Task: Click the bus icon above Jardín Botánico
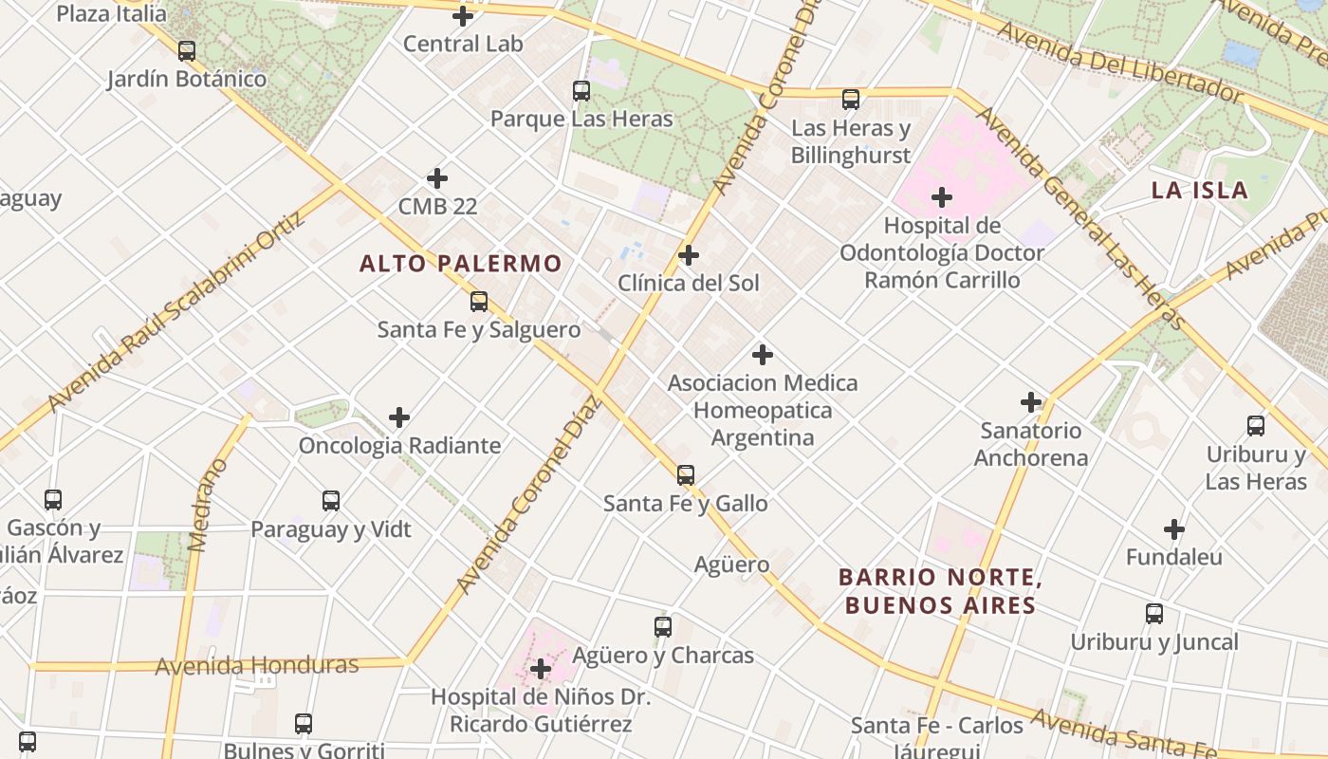(x=187, y=51)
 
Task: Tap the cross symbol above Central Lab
(x=463, y=16)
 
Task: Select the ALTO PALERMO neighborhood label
(x=461, y=264)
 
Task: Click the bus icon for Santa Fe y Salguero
(x=479, y=302)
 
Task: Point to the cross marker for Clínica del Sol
(x=689, y=255)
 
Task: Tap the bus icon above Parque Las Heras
(x=581, y=91)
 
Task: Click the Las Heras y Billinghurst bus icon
(x=851, y=100)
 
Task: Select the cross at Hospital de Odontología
(x=942, y=197)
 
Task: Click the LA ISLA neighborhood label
(x=1199, y=190)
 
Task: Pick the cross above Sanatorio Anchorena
(x=1031, y=402)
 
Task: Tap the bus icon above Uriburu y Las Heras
(x=1256, y=426)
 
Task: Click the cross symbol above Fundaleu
(x=1174, y=529)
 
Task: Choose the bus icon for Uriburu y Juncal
(x=1154, y=614)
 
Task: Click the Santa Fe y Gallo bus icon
(x=686, y=474)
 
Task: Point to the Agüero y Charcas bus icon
(x=663, y=627)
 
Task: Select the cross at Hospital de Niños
(x=541, y=669)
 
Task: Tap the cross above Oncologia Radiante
(x=399, y=417)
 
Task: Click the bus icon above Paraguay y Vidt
(x=331, y=501)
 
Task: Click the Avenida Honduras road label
(x=257, y=666)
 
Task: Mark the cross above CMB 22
(x=437, y=178)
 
